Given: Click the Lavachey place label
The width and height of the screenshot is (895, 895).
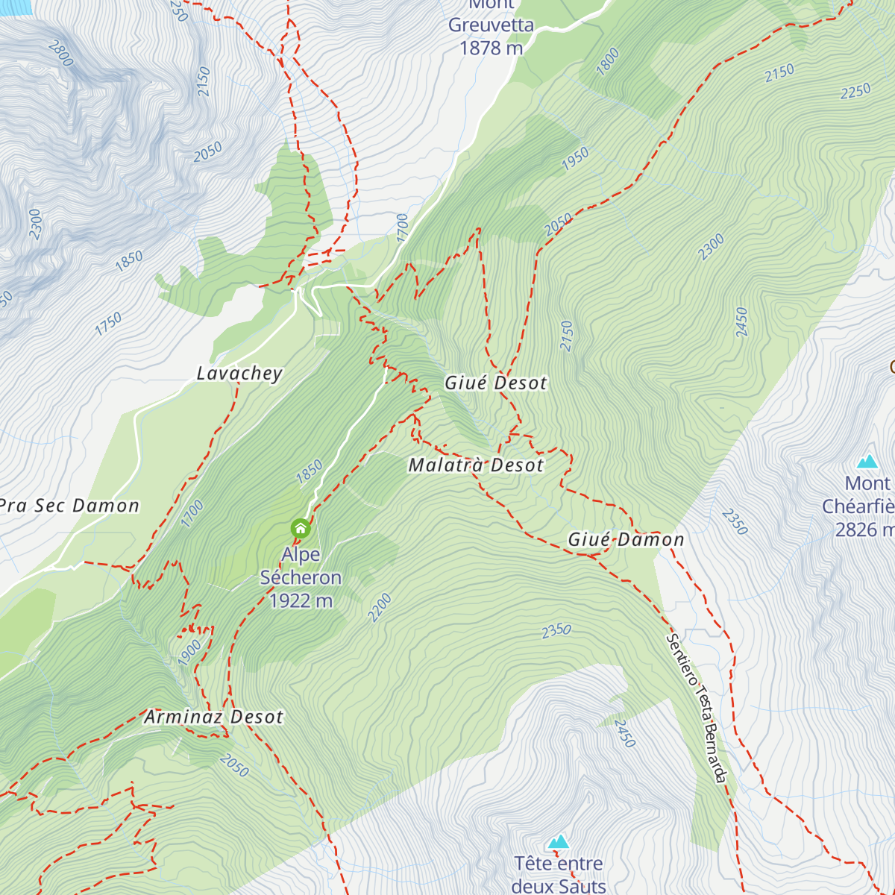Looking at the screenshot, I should pyautogui.click(x=239, y=374).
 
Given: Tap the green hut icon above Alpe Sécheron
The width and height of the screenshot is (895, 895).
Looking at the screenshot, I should pyautogui.click(x=301, y=529).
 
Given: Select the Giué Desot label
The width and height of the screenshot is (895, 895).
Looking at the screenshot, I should pyautogui.click(x=495, y=383).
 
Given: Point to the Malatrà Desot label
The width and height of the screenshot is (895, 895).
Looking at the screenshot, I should pyautogui.click(x=476, y=465).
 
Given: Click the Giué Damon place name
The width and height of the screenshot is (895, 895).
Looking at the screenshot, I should pyautogui.click(x=626, y=539).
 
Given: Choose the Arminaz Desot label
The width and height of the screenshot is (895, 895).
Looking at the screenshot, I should pyautogui.click(x=214, y=717).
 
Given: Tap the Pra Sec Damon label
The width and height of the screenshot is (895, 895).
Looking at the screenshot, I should pyautogui.click(x=69, y=506).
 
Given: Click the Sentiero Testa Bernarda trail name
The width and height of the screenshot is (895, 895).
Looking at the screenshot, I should pyautogui.click(x=696, y=709).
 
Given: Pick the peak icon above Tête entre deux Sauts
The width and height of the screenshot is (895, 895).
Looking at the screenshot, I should pyautogui.click(x=558, y=842).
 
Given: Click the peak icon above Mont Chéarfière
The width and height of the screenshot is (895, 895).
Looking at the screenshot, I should pyautogui.click(x=867, y=461).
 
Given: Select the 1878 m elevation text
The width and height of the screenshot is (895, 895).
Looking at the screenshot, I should pyautogui.click(x=492, y=48).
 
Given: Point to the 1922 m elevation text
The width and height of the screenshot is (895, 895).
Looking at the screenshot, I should pyautogui.click(x=301, y=601).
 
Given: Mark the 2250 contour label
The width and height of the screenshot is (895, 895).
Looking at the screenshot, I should pyautogui.click(x=855, y=91).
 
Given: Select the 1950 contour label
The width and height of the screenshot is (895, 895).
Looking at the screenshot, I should pyautogui.click(x=575, y=158).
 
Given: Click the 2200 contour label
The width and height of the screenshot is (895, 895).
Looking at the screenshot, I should pyautogui.click(x=380, y=607).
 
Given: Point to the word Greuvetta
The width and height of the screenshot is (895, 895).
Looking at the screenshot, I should pyautogui.click(x=491, y=25).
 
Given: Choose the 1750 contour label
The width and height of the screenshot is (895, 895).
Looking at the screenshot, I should pyautogui.click(x=108, y=324).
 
